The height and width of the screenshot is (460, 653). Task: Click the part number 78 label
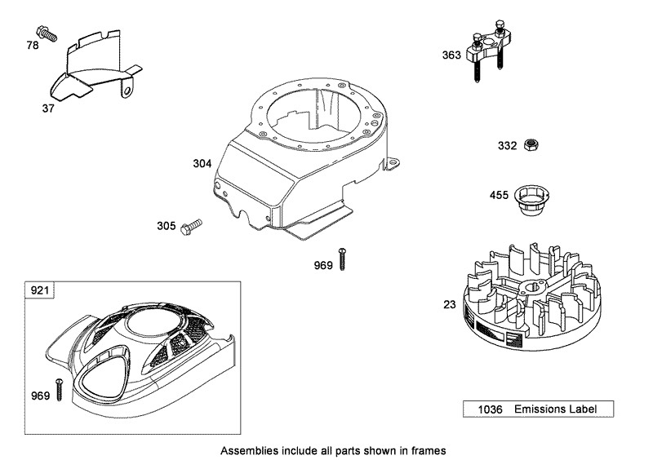click(33, 46)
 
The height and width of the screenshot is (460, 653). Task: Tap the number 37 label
click(48, 106)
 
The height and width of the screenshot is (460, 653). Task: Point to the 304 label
click(202, 163)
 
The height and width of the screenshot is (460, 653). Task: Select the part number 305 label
click(166, 225)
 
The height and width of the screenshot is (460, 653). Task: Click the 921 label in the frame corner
click(39, 290)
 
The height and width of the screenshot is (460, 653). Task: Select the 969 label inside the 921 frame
click(40, 396)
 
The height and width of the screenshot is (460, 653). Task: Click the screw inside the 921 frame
click(59, 389)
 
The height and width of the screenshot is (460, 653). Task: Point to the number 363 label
click(451, 55)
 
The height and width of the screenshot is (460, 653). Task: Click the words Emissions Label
click(554, 409)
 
